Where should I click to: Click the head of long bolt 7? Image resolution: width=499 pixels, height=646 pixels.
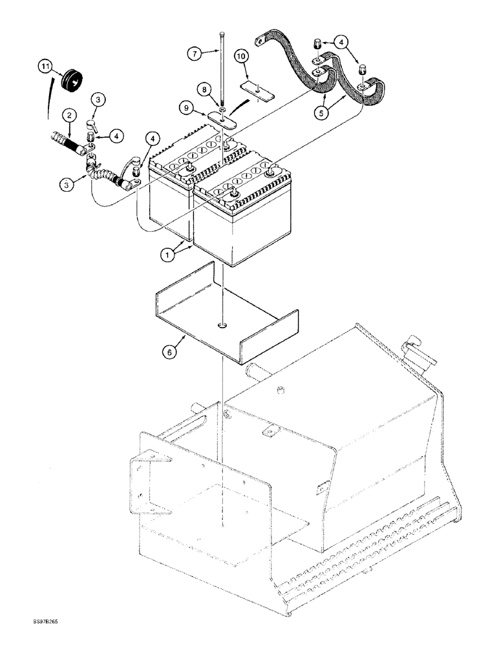pyautogui.click(x=222, y=34)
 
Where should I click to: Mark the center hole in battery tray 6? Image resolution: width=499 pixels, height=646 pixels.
pyautogui.click(x=222, y=324)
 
